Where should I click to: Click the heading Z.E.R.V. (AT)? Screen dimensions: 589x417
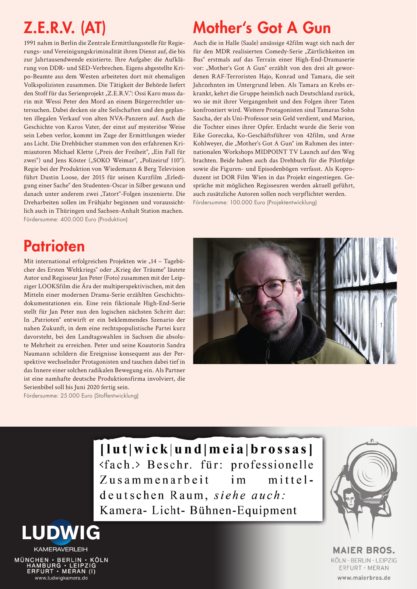[65, 28]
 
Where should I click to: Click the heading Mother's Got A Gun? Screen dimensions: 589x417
[262, 28]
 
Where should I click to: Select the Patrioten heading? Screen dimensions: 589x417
[54, 246]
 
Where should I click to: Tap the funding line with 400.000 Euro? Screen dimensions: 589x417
[76, 219]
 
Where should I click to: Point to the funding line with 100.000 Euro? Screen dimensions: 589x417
[255, 202]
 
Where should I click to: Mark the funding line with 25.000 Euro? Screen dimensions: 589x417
[81, 396]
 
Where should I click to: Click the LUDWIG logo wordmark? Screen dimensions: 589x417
[61, 533]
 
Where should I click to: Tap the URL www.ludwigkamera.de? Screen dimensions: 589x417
[61, 578]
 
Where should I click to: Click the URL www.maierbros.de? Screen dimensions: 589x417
[364, 578]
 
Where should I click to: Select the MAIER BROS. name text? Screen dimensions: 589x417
[364, 550]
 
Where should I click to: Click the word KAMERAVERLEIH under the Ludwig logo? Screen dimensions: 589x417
[61, 549]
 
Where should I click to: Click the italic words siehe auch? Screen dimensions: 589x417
[250, 495]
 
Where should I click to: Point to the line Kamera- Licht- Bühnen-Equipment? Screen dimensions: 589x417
[198, 511]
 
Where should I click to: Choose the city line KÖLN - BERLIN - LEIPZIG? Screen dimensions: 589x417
[364, 560]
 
